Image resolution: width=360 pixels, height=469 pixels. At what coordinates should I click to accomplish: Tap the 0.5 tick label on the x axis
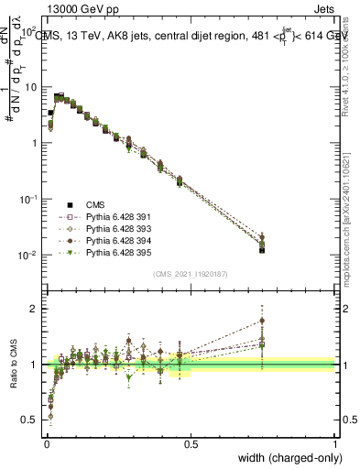[191, 443]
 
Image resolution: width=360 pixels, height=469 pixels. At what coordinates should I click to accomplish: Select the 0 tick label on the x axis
[46, 443]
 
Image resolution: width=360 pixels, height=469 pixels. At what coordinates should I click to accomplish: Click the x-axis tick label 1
[334, 443]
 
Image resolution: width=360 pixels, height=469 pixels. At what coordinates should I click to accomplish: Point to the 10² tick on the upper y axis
[27, 32]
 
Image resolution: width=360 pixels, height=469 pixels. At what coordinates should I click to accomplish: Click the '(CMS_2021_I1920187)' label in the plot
[190, 272]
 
